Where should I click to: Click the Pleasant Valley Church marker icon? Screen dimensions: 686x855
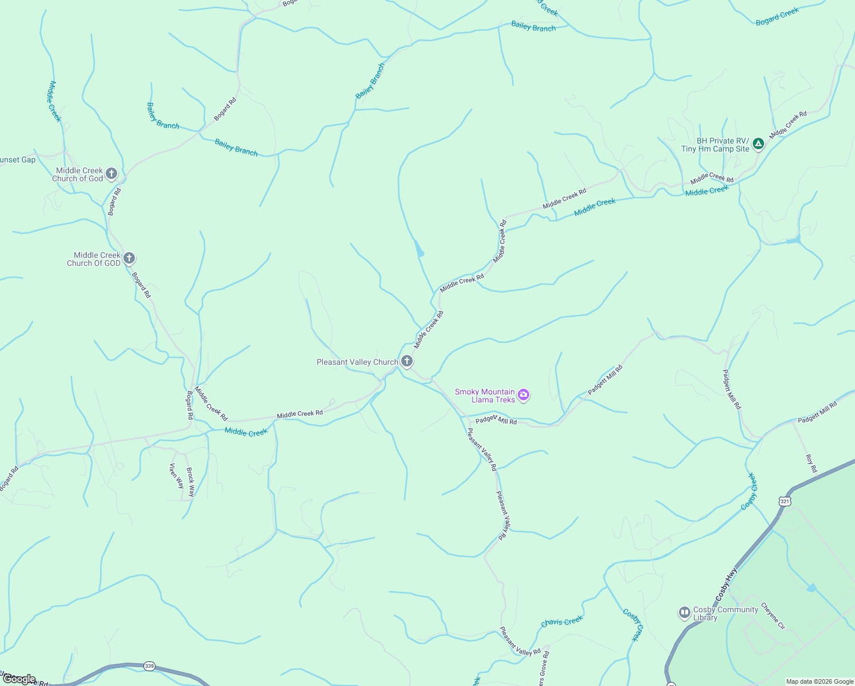407,361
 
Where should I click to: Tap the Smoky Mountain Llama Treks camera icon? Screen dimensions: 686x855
524,395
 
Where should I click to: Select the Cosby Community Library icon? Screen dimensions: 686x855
684,613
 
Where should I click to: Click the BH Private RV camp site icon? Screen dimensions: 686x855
758,144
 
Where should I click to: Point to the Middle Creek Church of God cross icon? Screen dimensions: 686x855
111,174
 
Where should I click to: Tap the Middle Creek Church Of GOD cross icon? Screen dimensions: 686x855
129,258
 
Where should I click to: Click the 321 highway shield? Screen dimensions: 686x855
785,501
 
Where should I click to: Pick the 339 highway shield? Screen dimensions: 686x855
149,666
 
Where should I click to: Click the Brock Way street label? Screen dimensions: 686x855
191,482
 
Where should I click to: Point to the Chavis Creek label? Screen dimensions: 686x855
562,621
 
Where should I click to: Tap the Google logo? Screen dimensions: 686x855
19,679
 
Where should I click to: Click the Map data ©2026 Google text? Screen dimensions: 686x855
820,681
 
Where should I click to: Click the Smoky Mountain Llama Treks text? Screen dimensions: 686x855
485,396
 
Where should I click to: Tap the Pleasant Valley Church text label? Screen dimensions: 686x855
357,362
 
